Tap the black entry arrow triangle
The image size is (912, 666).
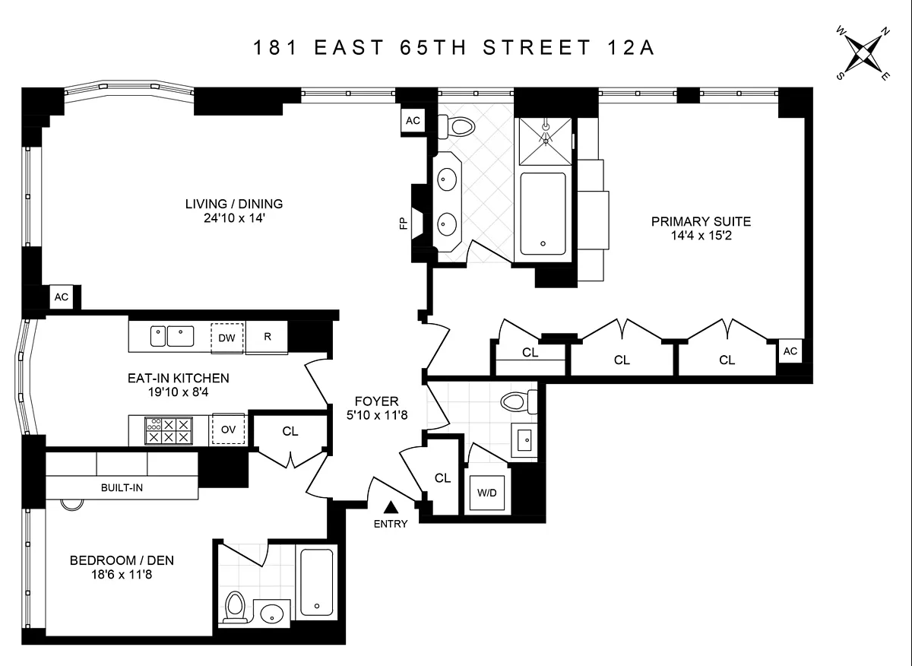click(x=391, y=507)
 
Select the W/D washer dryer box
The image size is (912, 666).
click(x=486, y=493)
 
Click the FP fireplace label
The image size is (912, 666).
click(x=404, y=222)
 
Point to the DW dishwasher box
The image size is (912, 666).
click(x=226, y=338)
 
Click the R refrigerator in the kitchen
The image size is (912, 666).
click(x=268, y=338)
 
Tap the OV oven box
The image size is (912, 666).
click(x=228, y=429)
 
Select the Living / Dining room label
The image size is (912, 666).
click(x=234, y=204)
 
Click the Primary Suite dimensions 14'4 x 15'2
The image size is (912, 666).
click(x=701, y=236)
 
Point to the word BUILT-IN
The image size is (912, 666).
click(x=122, y=487)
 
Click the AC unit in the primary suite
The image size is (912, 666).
click(x=790, y=350)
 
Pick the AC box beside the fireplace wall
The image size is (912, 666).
click(x=413, y=121)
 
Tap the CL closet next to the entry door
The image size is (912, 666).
click(x=442, y=478)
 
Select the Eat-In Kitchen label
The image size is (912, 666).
click(x=179, y=378)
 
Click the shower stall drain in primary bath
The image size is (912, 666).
click(x=546, y=139)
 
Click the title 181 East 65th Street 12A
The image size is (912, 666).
click(x=454, y=48)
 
